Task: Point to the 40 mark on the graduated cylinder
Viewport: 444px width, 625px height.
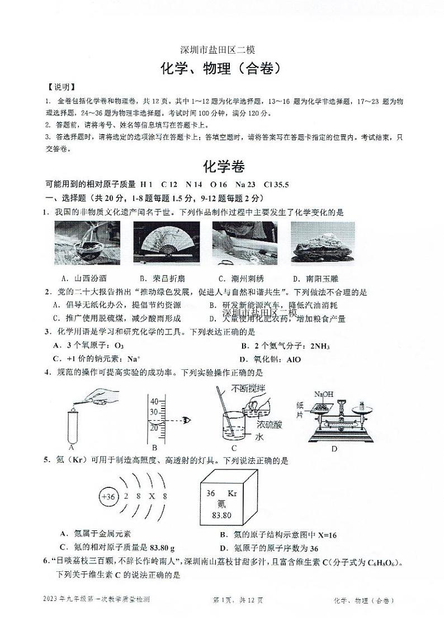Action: pos(154,401)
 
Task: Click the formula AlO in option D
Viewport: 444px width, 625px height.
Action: pos(293,359)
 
